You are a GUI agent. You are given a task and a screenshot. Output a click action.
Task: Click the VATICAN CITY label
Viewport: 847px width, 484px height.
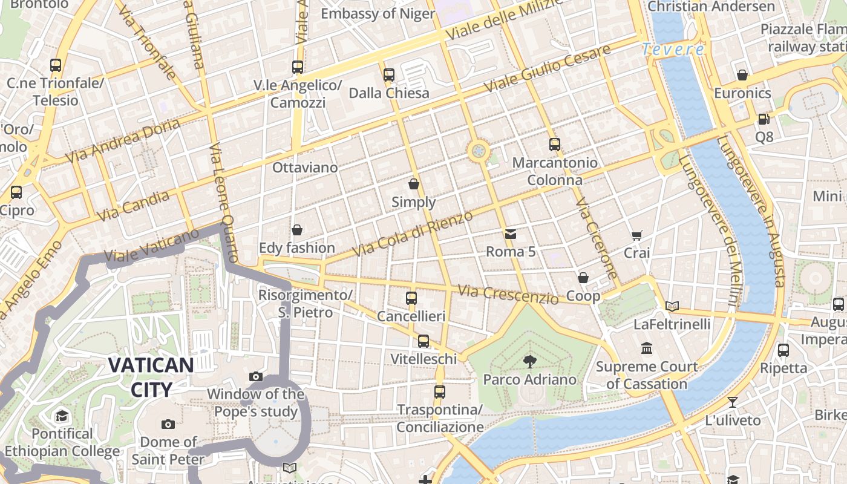click(151, 377)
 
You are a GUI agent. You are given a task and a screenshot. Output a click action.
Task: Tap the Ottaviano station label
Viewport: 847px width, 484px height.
click(305, 168)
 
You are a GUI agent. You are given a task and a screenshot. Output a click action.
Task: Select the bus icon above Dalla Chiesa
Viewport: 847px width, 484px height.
click(389, 75)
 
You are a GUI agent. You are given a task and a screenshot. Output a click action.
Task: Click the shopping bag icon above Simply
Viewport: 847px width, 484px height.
click(414, 184)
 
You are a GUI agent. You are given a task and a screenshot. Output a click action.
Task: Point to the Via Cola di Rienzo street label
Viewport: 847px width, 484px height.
click(413, 234)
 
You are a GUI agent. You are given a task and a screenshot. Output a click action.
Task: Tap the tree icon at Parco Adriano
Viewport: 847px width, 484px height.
click(530, 362)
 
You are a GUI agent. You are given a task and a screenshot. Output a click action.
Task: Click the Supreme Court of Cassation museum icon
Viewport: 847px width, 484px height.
click(647, 348)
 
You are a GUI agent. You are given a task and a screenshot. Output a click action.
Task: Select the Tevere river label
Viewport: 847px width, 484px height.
click(673, 50)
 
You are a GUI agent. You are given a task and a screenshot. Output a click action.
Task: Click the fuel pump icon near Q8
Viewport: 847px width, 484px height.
click(764, 119)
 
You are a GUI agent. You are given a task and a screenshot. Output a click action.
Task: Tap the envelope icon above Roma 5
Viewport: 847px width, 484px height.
click(511, 234)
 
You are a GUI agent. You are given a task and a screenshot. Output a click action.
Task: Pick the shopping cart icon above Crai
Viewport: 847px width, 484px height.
click(636, 235)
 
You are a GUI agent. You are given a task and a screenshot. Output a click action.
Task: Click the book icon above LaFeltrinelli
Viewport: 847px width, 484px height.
click(672, 306)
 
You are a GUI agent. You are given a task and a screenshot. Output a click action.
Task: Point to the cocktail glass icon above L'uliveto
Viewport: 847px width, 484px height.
click(733, 402)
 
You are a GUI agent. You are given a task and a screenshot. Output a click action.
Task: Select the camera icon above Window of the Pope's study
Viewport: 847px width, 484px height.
click(256, 377)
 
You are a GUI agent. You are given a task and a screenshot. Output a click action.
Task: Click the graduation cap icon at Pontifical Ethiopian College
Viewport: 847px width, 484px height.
click(62, 416)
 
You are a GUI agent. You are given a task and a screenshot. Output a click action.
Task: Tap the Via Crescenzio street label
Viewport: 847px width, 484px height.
click(508, 295)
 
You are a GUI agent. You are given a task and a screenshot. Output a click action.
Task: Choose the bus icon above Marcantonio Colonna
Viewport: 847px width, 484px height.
click(555, 145)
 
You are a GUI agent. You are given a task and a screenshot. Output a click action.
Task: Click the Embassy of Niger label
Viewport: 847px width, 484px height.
click(378, 13)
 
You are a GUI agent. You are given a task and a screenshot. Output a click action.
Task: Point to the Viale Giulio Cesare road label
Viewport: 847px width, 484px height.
click(547, 70)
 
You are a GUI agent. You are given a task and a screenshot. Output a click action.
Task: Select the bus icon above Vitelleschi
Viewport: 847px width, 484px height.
click(423, 341)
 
